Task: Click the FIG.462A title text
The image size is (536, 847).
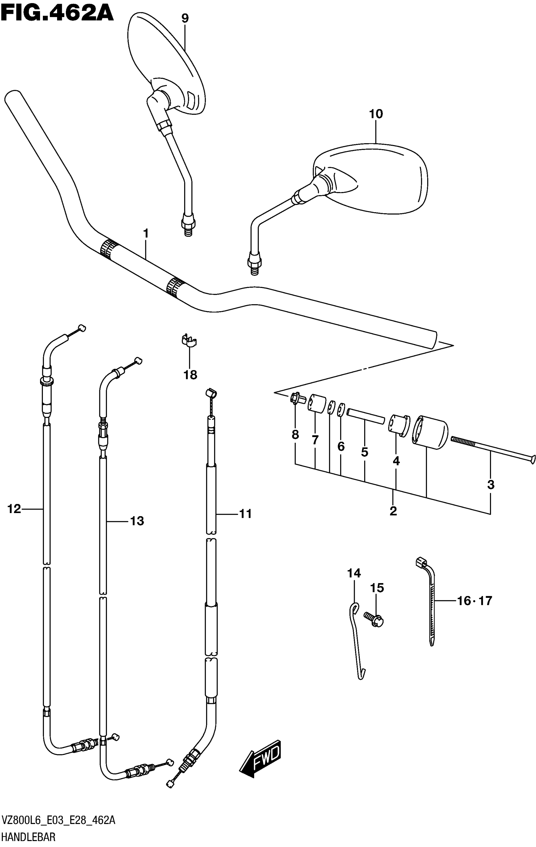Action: pos(57,14)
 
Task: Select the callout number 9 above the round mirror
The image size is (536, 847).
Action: pos(185,18)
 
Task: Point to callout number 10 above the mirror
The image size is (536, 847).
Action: pos(376,114)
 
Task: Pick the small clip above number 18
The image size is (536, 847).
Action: pos(189,341)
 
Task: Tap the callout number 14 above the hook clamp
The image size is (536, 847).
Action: pos(354,573)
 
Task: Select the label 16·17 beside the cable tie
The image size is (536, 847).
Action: pos(475,601)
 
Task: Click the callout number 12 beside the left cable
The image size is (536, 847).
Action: pos(15,509)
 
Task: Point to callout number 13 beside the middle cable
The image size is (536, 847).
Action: pos(137,521)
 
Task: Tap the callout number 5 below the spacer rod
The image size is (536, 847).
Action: pos(364,452)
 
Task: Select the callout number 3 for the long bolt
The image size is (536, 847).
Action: pos(491,485)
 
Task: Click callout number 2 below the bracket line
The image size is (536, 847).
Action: pos(393,511)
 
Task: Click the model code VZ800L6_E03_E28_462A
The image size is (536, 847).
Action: pos(58,822)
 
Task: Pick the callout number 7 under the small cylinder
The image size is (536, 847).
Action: pos(315,440)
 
